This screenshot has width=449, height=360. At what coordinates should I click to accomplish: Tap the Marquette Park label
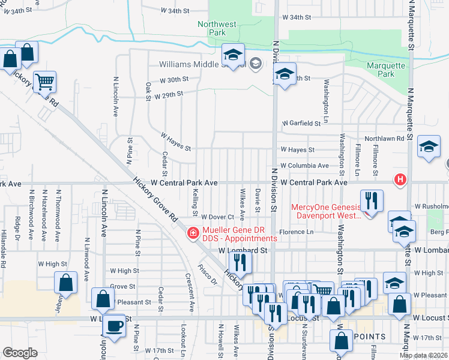[387, 70]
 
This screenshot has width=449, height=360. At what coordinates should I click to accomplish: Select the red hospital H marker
[400, 179]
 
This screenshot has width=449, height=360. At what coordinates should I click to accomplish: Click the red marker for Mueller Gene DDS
[193, 233]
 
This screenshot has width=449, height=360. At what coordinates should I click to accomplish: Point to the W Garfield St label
[302, 123]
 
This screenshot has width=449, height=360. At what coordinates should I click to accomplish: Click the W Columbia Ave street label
[304, 165]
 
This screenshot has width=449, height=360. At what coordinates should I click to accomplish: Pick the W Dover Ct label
[216, 217]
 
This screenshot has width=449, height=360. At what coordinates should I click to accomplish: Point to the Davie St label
[257, 200]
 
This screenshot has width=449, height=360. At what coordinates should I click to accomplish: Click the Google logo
[20, 353]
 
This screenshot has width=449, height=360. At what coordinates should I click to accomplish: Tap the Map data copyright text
[423, 355]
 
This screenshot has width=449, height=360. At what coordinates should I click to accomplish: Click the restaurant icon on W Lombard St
[238, 262]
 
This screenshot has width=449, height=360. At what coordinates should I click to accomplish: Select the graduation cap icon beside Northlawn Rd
[429, 146]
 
